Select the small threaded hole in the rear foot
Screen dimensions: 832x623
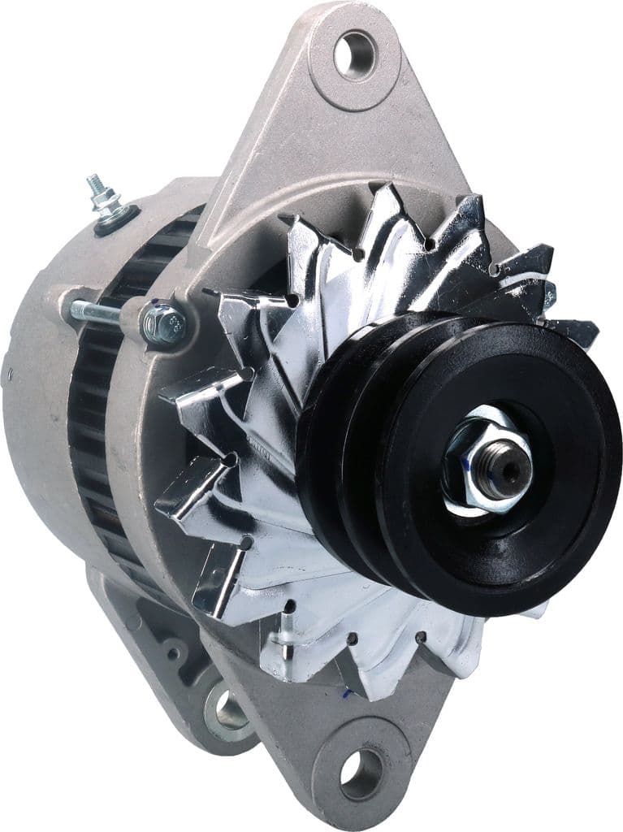tap(172, 652)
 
